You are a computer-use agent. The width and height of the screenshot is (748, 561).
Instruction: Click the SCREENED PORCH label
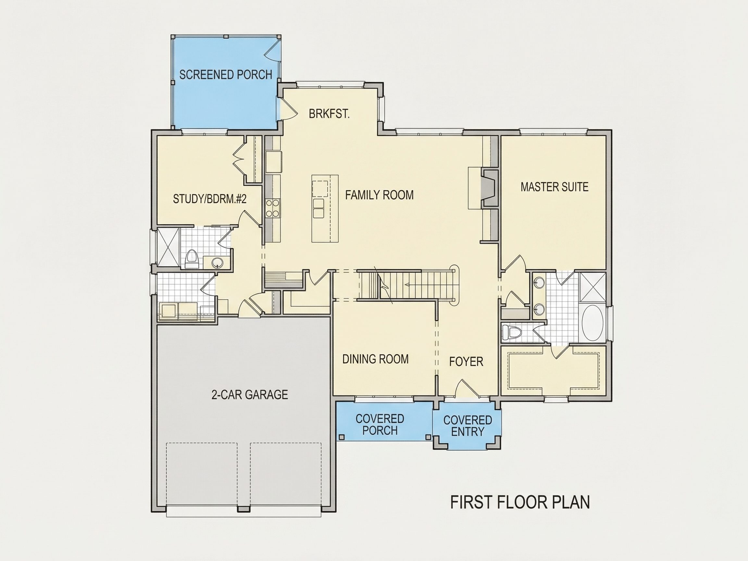[x=226, y=74]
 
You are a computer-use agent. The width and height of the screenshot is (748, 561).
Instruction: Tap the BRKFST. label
[x=329, y=114]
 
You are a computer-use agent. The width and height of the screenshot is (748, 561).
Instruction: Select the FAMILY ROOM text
[x=379, y=195]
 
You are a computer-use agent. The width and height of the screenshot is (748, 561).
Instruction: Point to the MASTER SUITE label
[x=554, y=187]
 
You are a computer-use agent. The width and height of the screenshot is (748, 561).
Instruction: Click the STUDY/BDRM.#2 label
[x=210, y=199]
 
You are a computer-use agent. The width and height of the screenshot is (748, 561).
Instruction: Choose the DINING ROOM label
[x=375, y=359]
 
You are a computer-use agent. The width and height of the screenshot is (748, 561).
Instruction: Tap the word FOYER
[x=466, y=362]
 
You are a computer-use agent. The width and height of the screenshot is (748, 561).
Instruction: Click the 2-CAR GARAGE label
[x=250, y=395]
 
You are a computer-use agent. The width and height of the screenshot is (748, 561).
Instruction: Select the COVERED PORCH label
[x=380, y=425]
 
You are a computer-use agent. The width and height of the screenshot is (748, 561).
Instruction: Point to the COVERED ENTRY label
[x=468, y=426]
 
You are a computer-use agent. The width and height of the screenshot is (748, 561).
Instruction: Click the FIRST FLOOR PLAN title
[x=520, y=503]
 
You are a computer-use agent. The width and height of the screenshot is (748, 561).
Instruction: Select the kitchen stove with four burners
[x=273, y=208]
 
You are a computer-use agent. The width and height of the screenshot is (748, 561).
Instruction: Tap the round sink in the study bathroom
[x=217, y=262]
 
